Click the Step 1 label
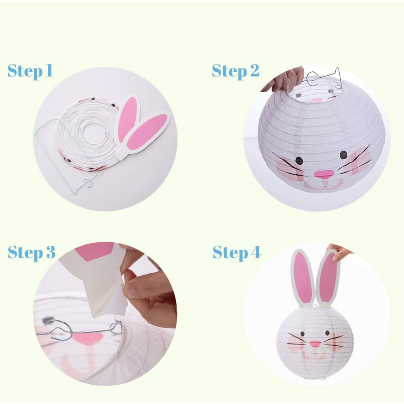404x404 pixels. (x=30, y=71)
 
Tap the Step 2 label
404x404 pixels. (x=236, y=71)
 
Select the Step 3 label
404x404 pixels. (x=32, y=253)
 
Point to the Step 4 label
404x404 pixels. (x=237, y=253)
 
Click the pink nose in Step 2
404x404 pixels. (x=324, y=174)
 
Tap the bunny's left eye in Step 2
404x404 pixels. (x=299, y=161)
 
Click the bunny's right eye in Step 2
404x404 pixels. (x=344, y=155)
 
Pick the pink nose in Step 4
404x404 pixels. (x=315, y=344)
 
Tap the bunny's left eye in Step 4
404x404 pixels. (x=303, y=334)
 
